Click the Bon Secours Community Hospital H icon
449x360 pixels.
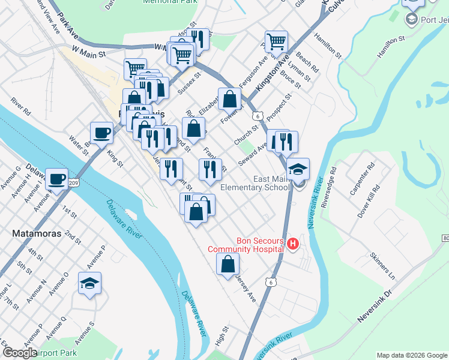(x=293, y=244)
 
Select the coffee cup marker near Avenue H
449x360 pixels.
(x=57, y=179)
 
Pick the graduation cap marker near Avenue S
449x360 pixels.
(x=89, y=283)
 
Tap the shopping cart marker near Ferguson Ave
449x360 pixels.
(x=276, y=42)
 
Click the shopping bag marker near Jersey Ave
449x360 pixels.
(x=228, y=265)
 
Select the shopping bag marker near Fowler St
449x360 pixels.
(x=229, y=100)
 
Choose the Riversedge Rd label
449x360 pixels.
(x=329, y=186)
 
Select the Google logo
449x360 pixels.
(x=20, y=353)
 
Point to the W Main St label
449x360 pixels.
(x=88, y=53)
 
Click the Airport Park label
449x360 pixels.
(x=55, y=353)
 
